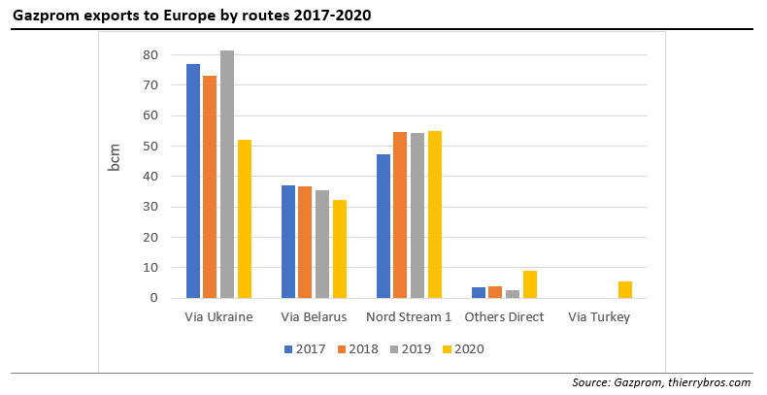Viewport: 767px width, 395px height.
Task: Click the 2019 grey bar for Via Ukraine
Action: point(226,175)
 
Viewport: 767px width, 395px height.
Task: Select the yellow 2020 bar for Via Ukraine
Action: point(244,218)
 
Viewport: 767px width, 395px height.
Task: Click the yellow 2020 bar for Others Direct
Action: point(529,284)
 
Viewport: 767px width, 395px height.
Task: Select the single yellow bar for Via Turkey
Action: point(625,289)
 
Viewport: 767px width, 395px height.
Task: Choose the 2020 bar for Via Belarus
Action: point(340,248)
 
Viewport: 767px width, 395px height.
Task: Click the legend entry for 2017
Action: point(305,348)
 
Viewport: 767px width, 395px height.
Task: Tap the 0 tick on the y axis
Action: point(153,298)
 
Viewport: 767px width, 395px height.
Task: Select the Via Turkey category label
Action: point(599,317)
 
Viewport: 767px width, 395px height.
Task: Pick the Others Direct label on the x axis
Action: point(504,317)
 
